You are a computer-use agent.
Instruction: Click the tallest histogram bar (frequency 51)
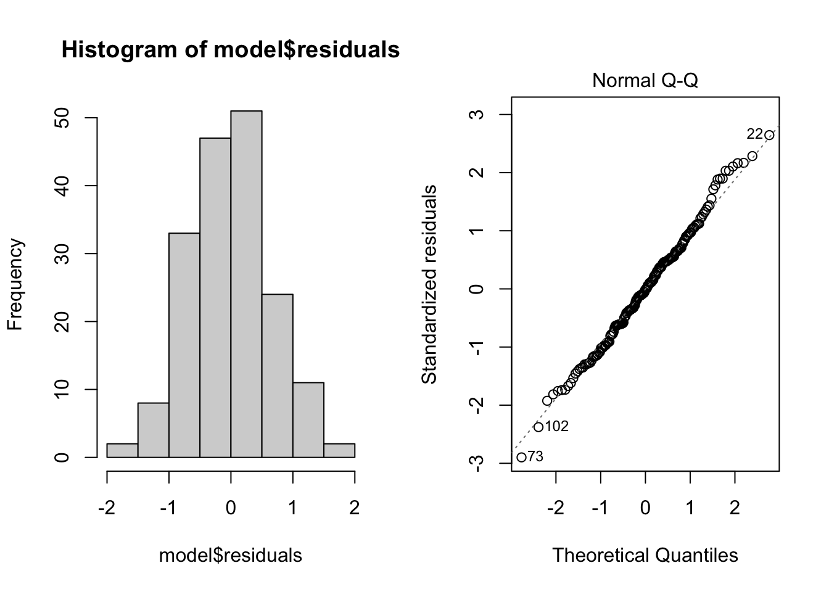pos(246,284)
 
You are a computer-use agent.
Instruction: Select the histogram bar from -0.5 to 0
pos(215,297)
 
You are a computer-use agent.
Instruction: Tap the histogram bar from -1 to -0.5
pos(184,345)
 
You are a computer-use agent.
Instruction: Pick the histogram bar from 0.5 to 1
pos(277,376)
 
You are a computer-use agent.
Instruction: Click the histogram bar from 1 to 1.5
pos(308,420)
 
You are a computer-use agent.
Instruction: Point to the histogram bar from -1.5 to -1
pos(153,430)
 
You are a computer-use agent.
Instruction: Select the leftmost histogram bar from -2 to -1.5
pos(122,450)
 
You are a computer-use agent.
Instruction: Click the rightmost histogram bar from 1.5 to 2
pos(339,450)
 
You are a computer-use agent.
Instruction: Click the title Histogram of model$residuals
pos(231,50)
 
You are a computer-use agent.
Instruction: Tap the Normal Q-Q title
pos(645,81)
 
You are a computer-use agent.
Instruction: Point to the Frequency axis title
pos(15,284)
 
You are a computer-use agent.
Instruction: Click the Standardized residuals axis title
pos(429,284)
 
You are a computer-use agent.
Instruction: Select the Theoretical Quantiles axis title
pos(645,555)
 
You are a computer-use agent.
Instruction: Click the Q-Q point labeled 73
pos(521,457)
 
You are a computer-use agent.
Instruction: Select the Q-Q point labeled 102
pos(538,427)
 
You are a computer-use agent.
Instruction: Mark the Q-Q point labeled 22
pos(769,135)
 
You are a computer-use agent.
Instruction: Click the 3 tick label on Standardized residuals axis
pos(476,115)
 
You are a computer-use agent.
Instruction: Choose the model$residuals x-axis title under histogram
pos(231,555)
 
